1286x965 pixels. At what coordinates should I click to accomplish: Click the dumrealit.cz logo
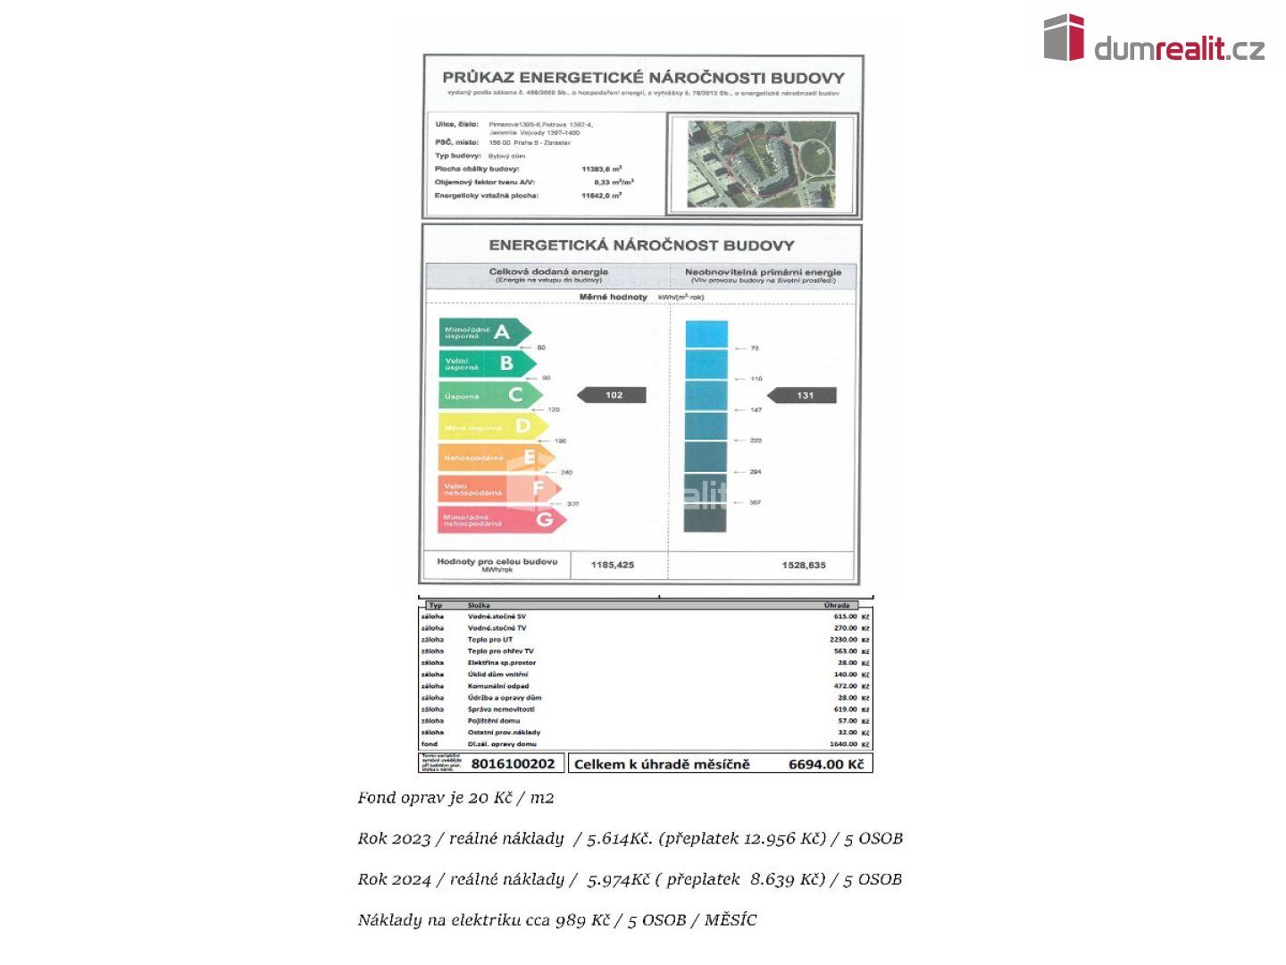pos(1154,39)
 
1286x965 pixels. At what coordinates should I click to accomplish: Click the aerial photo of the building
pos(762,164)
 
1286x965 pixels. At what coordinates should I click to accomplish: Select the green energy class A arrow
pos(483,332)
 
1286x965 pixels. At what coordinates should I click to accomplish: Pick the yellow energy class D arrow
pos(491,426)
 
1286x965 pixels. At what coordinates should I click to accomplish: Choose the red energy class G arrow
pos(500,519)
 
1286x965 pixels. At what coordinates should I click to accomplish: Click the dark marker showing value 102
pos(613,395)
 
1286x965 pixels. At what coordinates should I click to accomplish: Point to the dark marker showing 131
pos(804,395)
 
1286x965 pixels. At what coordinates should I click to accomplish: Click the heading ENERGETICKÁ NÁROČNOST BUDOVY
pos(641,245)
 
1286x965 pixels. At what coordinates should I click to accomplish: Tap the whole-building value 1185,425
pos(613,565)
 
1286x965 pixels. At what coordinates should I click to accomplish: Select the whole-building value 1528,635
pos(804,565)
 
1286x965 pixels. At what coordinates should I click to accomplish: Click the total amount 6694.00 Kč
pos(826,764)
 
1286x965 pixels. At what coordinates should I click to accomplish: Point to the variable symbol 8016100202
pos(513,764)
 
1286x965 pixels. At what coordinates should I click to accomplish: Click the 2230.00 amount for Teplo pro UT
pos(844,640)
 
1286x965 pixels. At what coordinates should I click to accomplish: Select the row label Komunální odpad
pos(498,686)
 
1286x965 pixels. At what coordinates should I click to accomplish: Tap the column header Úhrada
pos(837,606)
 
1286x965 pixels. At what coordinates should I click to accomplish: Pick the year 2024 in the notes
pos(412,879)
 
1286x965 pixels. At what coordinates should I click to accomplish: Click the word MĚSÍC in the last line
pos(731,919)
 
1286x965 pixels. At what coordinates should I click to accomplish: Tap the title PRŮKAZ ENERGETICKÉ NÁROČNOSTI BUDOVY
pos(643,78)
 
